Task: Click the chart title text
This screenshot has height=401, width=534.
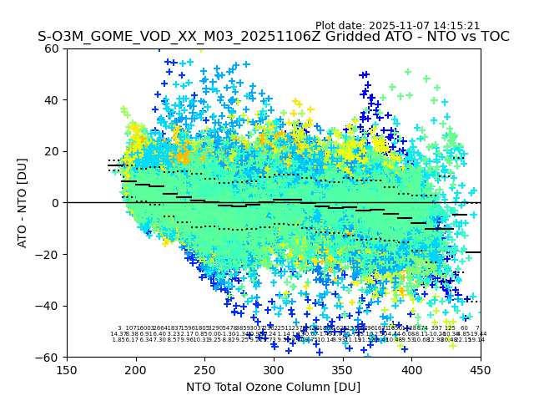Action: (x=273, y=37)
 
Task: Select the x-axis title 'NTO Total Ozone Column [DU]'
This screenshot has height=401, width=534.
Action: (x=273, y=387)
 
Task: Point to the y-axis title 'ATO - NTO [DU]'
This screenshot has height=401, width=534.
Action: (x=23, y=202)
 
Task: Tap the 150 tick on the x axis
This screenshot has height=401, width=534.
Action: (x=67, y=369)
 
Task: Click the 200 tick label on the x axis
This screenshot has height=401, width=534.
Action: (x=136, y=369)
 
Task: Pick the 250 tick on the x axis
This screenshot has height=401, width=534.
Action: (x=204, y=369)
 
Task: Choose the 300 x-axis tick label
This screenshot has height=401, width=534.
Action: (x=274, y=369)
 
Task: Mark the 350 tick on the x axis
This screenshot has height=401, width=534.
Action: (x=343, y=369)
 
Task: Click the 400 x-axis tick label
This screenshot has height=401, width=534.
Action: (x=411, y=369)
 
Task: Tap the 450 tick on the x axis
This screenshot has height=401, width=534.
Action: (x=481, y=369)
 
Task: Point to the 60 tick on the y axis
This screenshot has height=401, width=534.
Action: (x=53, y=48)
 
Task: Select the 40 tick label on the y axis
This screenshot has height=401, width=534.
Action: (x=53, y=100)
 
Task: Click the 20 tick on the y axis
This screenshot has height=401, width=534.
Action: (x=53, y=151)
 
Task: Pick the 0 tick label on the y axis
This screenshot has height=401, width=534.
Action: (x=56, y=203)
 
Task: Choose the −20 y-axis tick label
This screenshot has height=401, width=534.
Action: (x=48, y=254)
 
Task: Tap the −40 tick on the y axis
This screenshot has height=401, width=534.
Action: (x=48, y=306)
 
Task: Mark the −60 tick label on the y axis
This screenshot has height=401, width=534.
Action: (x=48, y=357)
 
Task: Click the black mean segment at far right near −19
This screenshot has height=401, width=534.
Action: (x=473, y=251)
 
